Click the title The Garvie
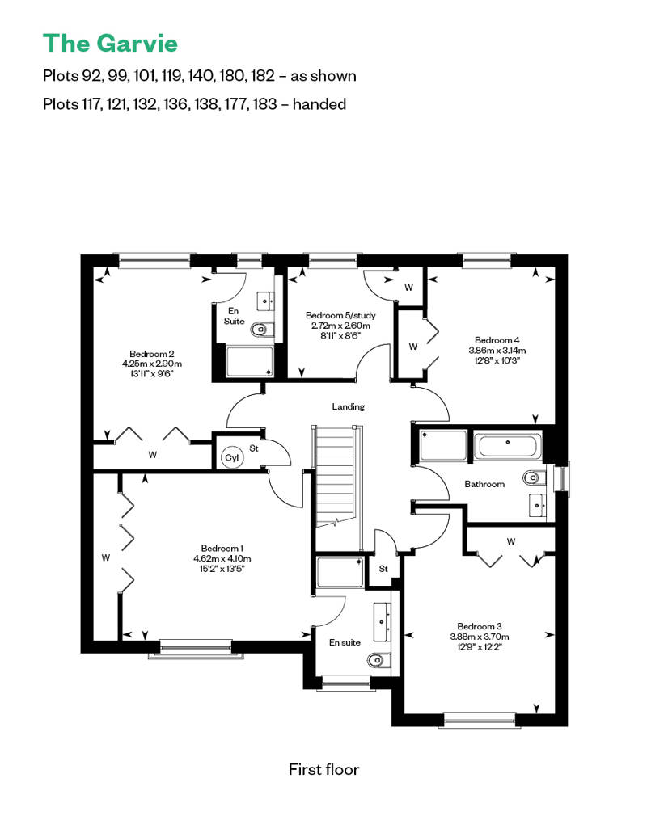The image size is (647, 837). [110, 44]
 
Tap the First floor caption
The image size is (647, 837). [323, 769]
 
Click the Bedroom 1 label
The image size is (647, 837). [222, 549]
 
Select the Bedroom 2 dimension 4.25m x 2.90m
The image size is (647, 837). [152, 364]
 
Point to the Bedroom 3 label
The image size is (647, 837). [480, 626]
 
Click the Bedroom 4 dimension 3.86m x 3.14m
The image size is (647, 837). [497, 350]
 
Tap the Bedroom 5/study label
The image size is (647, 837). [340, 315]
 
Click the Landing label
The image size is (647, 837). [349, 406]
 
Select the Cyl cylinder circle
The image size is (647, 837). [232, 457]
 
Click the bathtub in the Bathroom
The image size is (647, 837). [508, 447]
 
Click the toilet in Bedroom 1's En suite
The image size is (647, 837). [380, 660]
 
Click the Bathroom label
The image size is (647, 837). [484, 484]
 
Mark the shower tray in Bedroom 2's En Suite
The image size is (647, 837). [250, 362]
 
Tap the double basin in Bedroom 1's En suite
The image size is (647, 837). [383, 622]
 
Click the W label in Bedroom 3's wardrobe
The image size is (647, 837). [511, 542]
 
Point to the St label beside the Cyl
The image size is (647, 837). [254, 448]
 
